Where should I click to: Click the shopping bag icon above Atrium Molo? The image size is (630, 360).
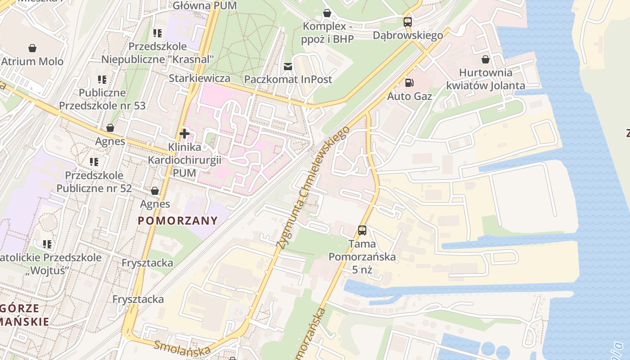pos(32,48)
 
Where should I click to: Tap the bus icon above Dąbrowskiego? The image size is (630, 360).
pos(407,22)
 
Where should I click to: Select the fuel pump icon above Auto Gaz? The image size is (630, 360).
pos(409,82)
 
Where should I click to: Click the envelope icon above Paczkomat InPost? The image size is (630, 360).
pos(288,67)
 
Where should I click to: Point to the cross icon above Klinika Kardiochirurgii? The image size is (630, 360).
pos(184,134)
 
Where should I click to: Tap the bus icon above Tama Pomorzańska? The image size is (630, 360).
pos(362,230)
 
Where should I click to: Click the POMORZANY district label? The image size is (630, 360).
pos(178,221)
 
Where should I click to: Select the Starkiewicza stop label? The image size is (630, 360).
pos(199,78)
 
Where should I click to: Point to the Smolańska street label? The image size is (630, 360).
pos(182,348)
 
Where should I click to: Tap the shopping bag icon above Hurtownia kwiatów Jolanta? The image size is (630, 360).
pos(486,59)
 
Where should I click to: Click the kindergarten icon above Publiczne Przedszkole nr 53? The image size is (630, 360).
pos(102,80)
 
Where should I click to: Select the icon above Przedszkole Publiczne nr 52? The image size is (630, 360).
pos(94,162)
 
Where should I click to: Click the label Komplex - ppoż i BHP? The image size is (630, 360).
pos(328,32)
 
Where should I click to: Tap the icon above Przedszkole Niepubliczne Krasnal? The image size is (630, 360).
pos(157,33)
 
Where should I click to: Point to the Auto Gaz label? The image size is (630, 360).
pos(409,96)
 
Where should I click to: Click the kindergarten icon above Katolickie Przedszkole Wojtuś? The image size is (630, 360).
pos(47,244)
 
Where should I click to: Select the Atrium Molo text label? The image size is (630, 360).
pos(32,61)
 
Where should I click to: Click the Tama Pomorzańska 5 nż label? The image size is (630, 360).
pos(362,257)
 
